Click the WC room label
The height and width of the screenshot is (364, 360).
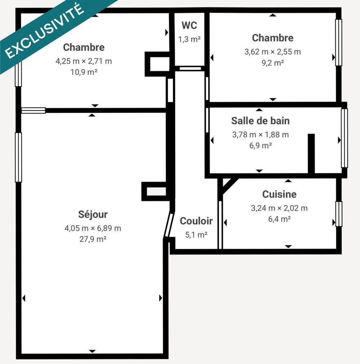coord(189,25)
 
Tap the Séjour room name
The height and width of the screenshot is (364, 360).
coord(93,215)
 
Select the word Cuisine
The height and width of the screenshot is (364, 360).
coord(279,194)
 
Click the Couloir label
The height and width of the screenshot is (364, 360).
coord(196,221)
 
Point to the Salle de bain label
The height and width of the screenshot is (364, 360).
coord(260,121)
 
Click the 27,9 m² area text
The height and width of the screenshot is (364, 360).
coord(93,239)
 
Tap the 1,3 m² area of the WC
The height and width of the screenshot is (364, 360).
coord(189,39)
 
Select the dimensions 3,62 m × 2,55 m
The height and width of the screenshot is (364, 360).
coord(273,52)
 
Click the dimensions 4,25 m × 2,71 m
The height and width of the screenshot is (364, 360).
coord(84,61)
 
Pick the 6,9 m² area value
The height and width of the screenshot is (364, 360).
coord(260,145)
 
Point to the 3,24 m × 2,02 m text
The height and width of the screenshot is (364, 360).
coord(279,208)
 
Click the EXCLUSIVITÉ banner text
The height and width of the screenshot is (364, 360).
coord(44,31)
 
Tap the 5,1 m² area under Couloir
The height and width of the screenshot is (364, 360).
coord(196,235)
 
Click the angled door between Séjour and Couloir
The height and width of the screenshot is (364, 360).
coord(168,225)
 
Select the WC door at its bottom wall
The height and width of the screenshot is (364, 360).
coord(190,68)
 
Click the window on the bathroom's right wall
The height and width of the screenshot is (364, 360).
coord(345,138)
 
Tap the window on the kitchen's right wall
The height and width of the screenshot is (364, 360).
coord(339,214)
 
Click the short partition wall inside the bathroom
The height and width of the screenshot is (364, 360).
coord(311,153)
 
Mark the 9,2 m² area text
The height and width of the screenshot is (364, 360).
coord(273,63)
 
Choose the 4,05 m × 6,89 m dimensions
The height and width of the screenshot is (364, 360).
coord(93,228)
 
